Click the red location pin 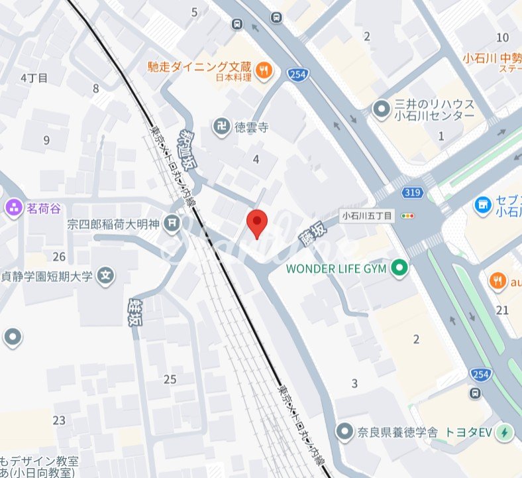(x=256, y=222)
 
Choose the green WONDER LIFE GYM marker (x=399, y=269)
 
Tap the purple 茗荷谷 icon (x=13, y=208)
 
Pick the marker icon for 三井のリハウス (x=382, y=109)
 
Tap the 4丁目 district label (x=34, y=78)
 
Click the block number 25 (x=170, y=379)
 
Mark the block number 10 (x=503, y=37)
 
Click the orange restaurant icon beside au (x=497, y=282)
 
